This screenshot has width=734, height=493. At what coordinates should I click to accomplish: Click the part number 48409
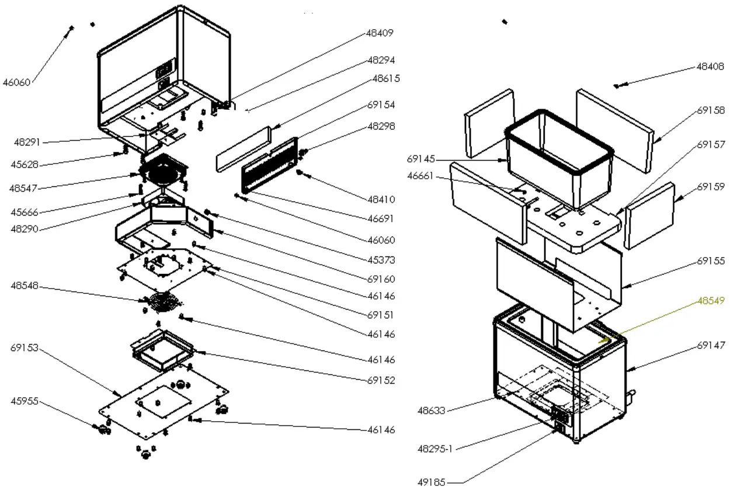380,33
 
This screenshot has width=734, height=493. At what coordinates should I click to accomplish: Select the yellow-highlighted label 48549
711,301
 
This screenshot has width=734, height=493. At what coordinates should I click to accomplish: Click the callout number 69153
24,348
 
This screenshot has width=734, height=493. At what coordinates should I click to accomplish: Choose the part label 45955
24,401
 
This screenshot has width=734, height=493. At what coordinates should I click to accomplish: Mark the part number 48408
711,67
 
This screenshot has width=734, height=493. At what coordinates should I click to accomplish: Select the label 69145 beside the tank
420,158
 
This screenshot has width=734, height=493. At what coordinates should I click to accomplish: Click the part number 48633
432,410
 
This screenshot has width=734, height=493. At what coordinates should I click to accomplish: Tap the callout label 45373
381,259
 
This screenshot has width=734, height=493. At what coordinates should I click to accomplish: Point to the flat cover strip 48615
243,149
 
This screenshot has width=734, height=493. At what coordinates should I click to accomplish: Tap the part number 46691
381,219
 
